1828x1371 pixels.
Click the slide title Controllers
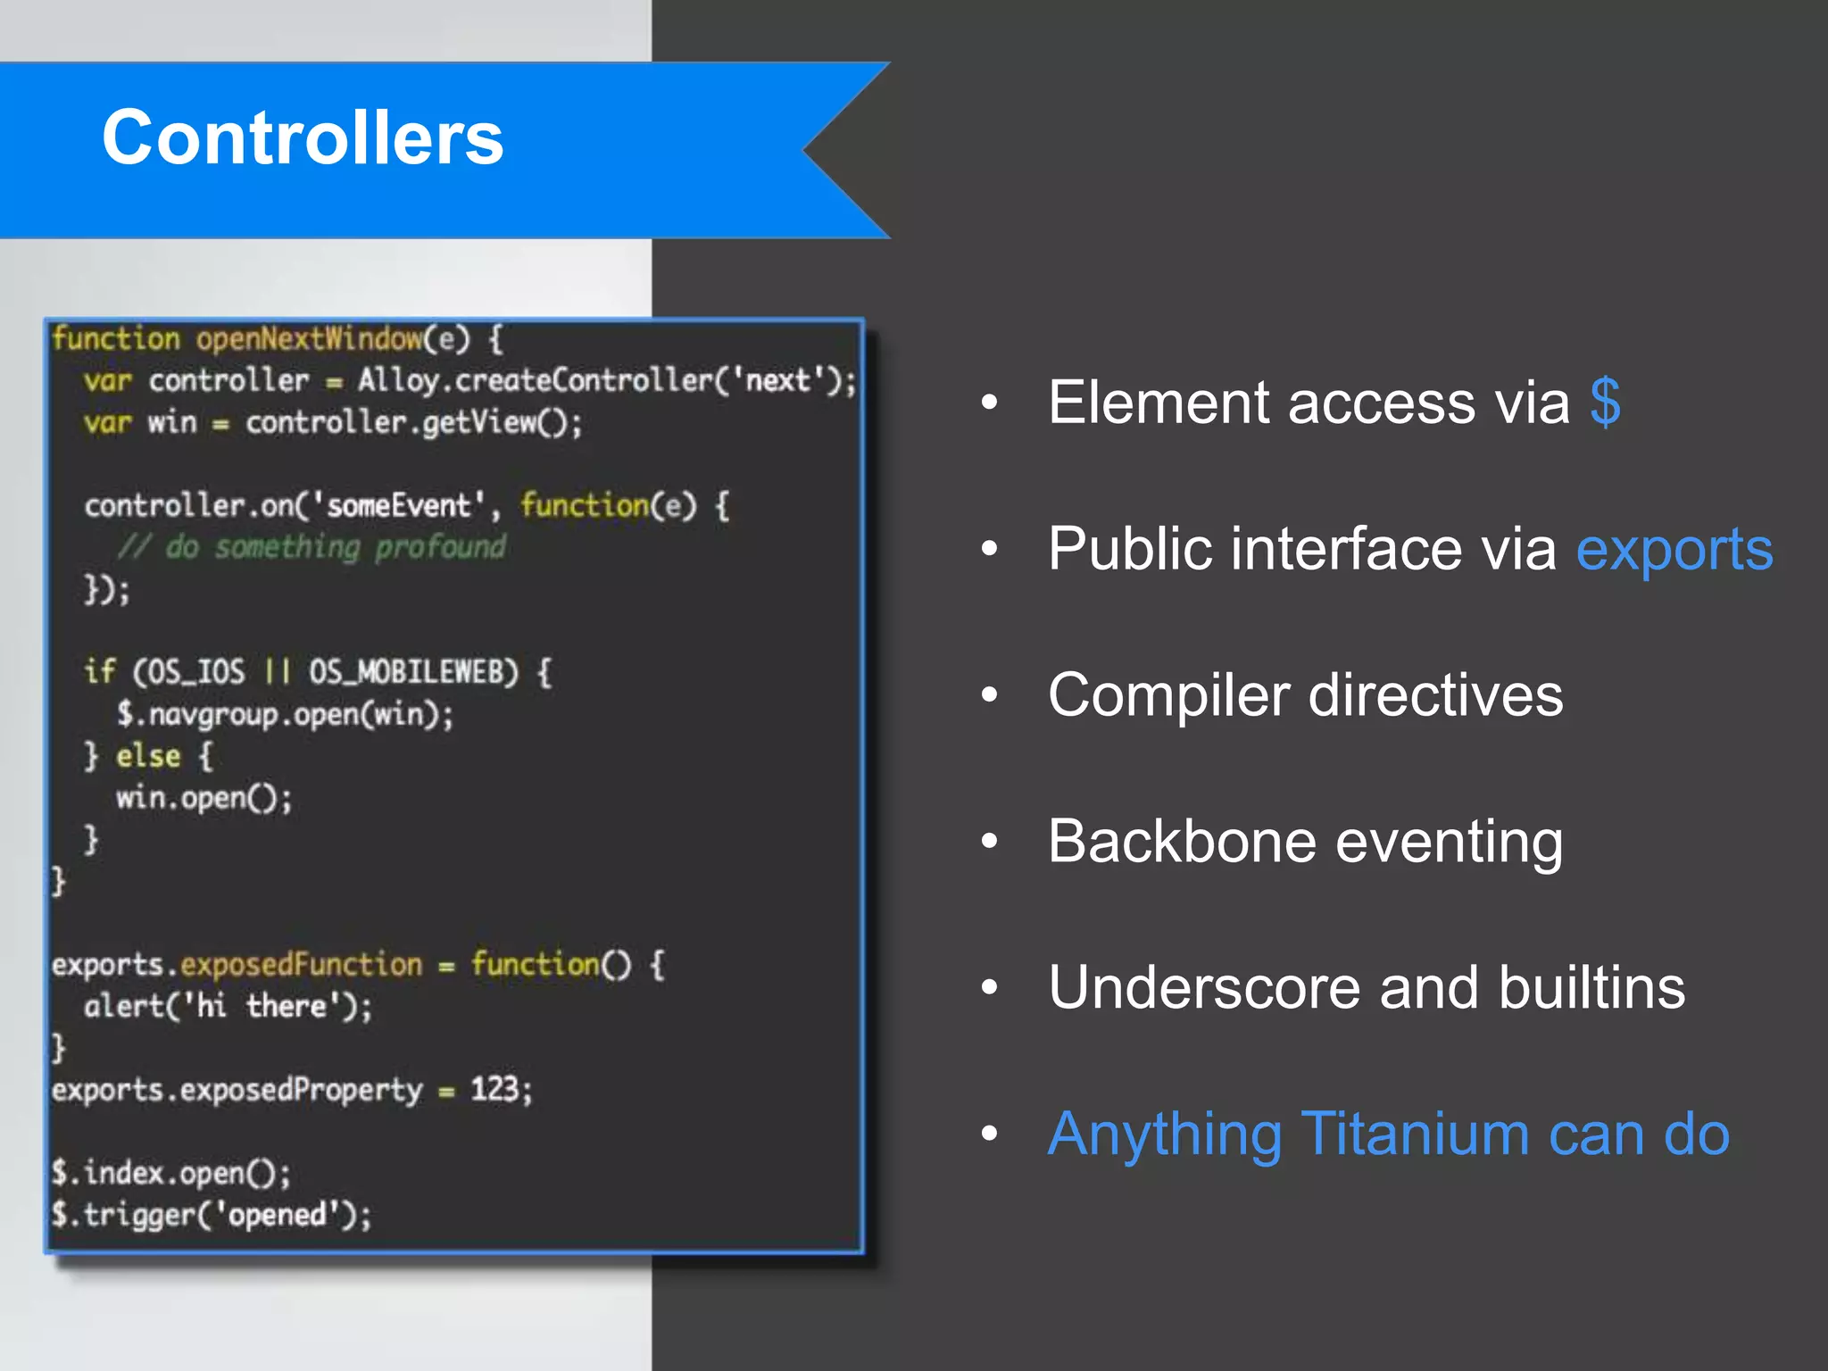(303, 138)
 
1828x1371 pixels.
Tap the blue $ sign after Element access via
(1604, 403)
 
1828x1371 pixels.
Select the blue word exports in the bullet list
(1674, 549)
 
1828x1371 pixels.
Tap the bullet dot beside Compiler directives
(989, 695)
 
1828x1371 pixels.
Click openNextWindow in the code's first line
(309, 339)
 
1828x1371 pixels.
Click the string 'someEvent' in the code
(398, 506)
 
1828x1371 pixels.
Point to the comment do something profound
(312, 547)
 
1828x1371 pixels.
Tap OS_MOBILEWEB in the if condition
(412, 672)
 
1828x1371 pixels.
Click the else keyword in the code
(148, 757)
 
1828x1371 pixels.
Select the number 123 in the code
(494, 1090)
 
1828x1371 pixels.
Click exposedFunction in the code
(301, 965)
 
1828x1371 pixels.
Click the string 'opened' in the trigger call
(278, 1215)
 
